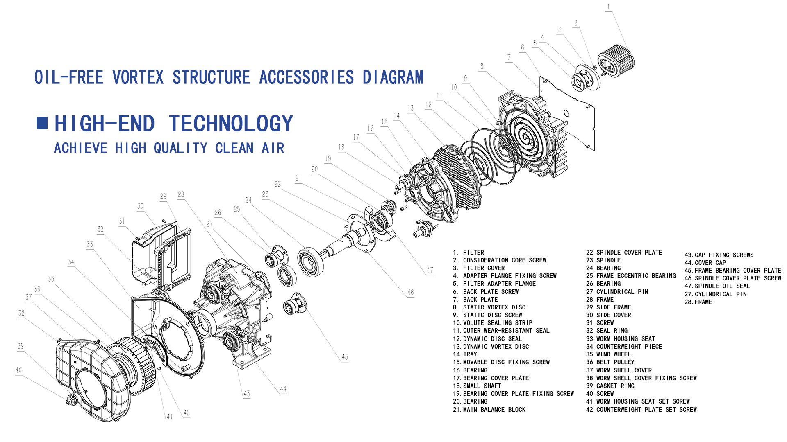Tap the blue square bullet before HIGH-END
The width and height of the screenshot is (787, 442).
coord(42,123)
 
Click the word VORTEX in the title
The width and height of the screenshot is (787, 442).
coord(138,77)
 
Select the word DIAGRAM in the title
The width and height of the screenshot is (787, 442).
coord(393,77)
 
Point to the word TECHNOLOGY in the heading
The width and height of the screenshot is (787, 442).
coord(231,124)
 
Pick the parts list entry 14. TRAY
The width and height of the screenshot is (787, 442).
coord(465,354)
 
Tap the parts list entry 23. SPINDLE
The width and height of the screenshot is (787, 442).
coord(603,260)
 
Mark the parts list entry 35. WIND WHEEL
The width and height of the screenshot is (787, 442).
coord(608,354)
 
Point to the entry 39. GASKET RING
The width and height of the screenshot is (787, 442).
coord(610,386)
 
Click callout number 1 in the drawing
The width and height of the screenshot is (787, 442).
coord(608,7)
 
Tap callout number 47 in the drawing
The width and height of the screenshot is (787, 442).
coord(430,270)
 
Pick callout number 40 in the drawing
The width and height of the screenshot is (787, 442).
coord(18,370)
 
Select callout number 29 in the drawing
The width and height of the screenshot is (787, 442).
coord(163,196)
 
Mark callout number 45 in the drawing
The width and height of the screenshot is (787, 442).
coord(345,357)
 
